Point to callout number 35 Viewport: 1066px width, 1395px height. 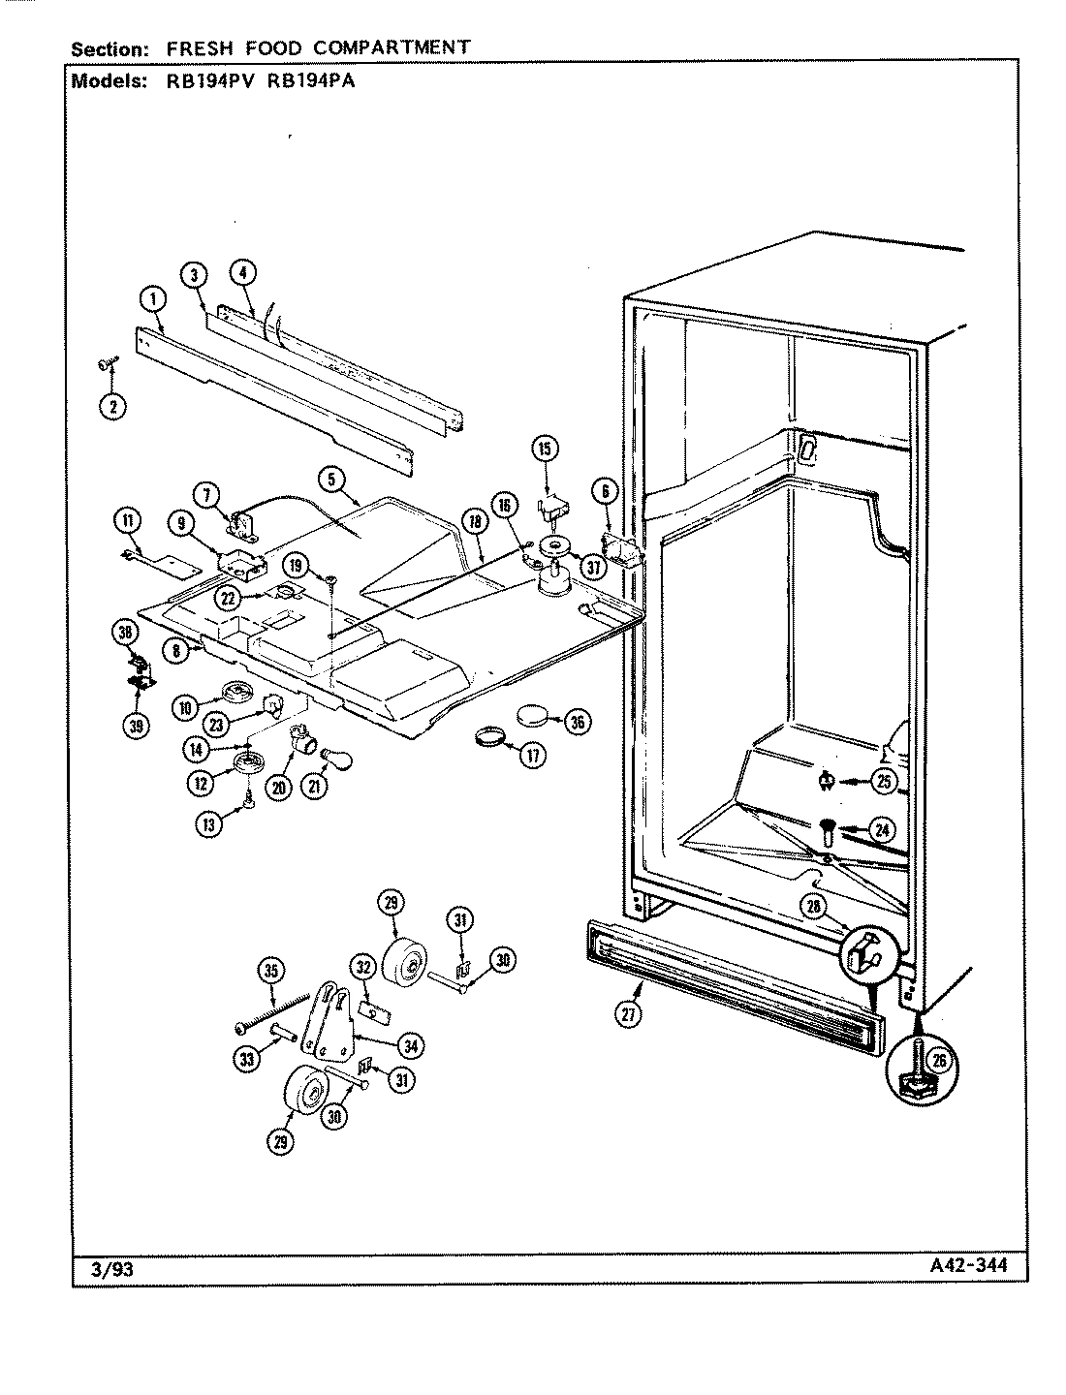272,970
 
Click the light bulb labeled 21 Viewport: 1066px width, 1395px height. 317,759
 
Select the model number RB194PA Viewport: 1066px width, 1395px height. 305,81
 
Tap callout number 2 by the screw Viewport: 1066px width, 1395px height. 112,407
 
